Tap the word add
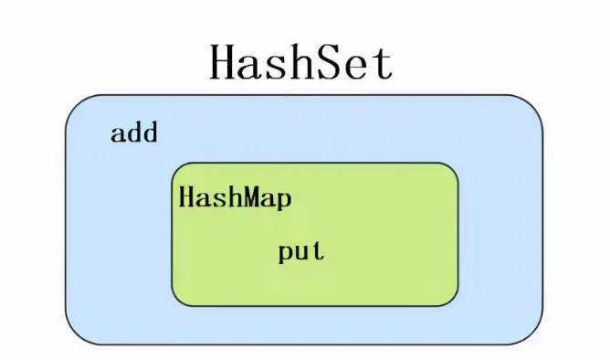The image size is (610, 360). click(x=134, y=133)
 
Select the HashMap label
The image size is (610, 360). click(x=236, y=198)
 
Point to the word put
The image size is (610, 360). click(x=301, y=252)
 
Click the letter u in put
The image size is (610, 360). click(x=302, y=253)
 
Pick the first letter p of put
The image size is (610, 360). click(x=286, y=255)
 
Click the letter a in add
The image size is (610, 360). click(x=118, y=134)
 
